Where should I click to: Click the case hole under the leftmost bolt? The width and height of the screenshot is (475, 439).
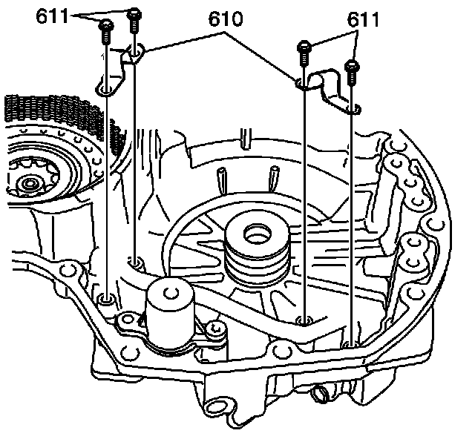click(x=106, y=300)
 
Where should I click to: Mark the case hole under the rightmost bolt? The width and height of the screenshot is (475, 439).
click(x=351, y=344)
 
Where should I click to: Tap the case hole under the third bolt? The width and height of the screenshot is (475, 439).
click(x=304, y=320)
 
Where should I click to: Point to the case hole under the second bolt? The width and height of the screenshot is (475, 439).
click(x=136, y=262)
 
